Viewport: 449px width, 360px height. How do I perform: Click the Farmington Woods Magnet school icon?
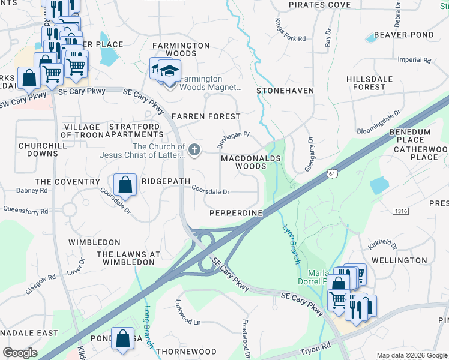170,70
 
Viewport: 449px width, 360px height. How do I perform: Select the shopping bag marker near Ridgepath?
124,185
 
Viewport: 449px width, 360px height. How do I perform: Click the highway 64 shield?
331,173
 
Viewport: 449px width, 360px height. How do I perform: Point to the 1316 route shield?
401,211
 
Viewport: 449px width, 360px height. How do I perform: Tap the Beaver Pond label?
403,35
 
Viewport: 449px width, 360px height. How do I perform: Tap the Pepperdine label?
236,213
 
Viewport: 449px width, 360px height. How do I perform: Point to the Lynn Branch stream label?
291,244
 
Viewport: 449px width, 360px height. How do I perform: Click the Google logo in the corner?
20,353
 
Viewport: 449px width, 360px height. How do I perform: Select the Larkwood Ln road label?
188,313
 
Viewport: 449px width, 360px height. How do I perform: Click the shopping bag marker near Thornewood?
122,338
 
